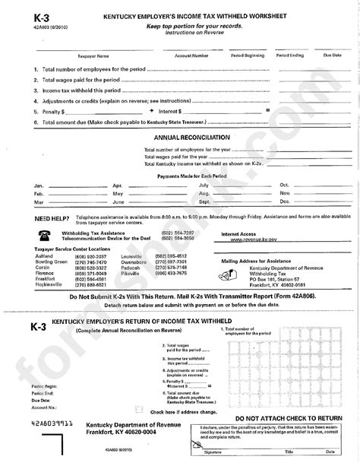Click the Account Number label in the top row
point(191,55)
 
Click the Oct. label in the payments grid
point(285,185)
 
